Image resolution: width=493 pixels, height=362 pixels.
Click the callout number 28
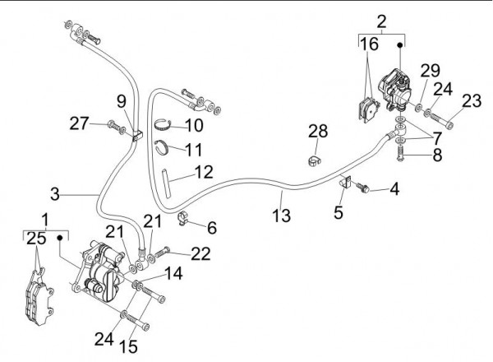(x=318, y=132)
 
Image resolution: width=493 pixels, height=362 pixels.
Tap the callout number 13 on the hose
(x=282, y=216)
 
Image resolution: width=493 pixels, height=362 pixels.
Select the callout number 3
(x=54, y=194)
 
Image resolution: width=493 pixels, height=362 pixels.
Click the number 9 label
(x=121, y=102)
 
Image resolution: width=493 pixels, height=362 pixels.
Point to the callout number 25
(x=34, y=239)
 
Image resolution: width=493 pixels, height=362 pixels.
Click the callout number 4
(x=394, y=190)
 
